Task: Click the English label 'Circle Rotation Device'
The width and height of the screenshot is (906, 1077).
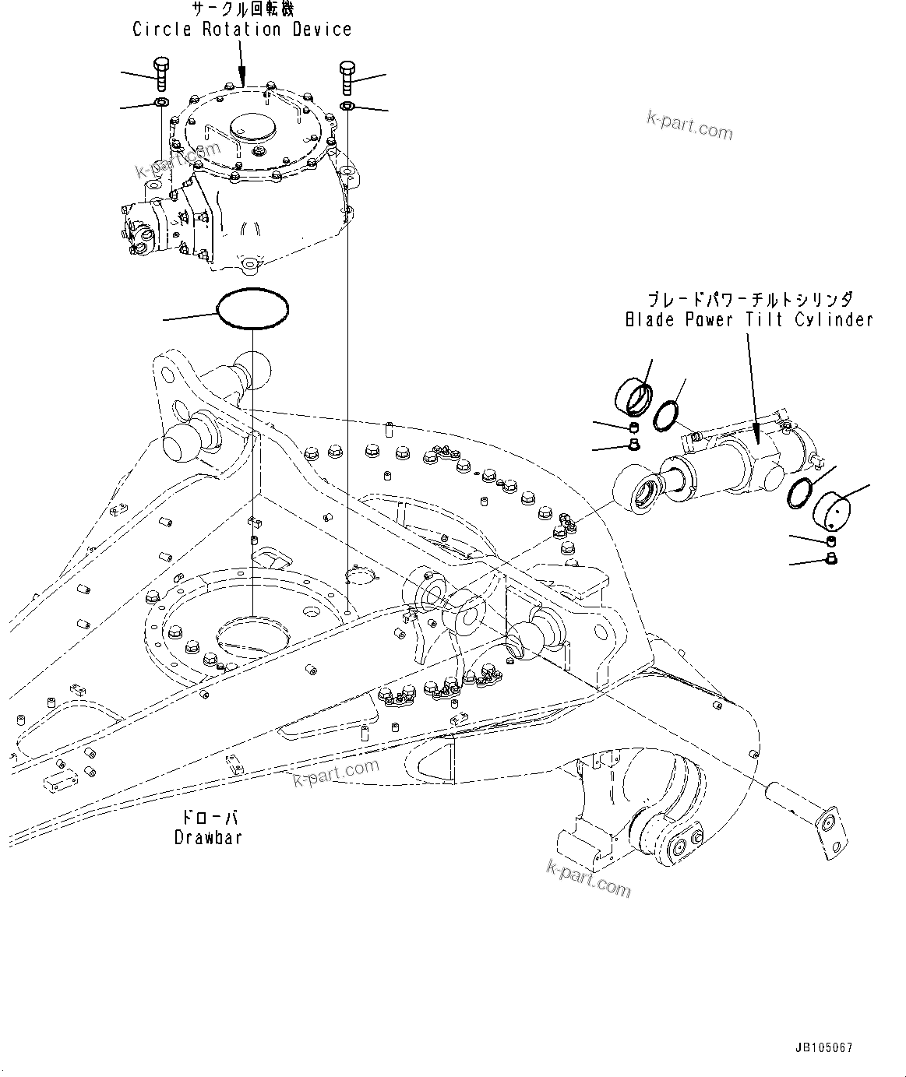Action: (x=242, y=30)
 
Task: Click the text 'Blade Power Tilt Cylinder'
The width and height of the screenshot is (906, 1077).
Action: (x=749, y=319)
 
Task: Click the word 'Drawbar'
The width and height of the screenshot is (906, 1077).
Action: (x=208, y=837)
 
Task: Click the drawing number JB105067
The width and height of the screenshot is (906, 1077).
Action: (x=825, y=1047)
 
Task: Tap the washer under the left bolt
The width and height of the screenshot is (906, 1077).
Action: (x=160, y=104)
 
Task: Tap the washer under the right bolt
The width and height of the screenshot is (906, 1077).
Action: (x=347, y=106)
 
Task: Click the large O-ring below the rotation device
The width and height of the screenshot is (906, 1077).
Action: (x=252, y=309)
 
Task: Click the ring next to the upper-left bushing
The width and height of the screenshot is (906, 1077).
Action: (x=666, y=414)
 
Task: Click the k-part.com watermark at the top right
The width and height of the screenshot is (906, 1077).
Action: (x=689, y=125)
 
